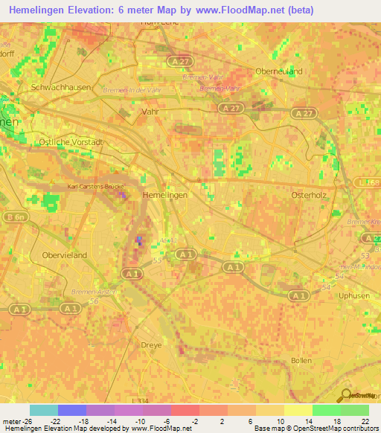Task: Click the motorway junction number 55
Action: click(x=156, y=261)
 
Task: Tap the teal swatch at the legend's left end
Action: click(x=43, y=410)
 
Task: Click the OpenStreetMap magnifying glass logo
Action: click(x=345, y=396)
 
